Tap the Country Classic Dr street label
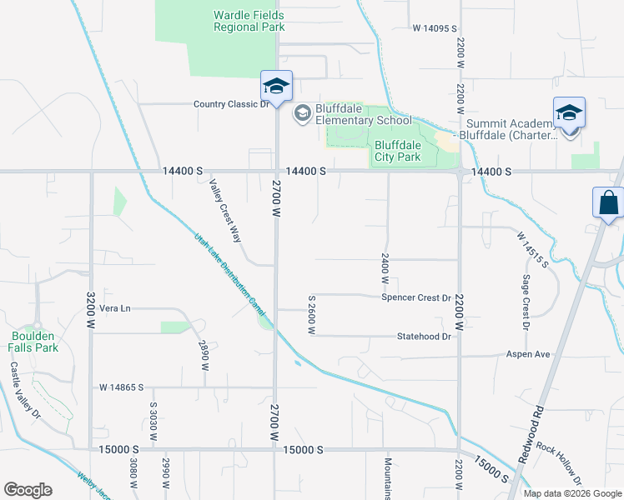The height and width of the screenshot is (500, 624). coord(231,104)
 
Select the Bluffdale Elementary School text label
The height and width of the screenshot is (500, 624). coord(365,113)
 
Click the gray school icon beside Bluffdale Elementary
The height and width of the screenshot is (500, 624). coord(302,112)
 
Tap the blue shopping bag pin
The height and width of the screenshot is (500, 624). coord(609,203)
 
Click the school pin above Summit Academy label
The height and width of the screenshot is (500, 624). coord(569,113)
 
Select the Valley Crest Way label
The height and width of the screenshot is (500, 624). coord(224,211)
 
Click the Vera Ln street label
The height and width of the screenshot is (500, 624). coord(115,307)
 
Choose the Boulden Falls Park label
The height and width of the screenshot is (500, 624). coord(33,342)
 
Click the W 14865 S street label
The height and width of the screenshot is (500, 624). coord(122,387)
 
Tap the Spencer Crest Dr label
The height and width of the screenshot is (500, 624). coord(416,297)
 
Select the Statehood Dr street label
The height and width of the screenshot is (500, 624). coord(424,337)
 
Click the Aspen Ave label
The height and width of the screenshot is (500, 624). coord(528,354)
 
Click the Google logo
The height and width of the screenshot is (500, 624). coord(28,490)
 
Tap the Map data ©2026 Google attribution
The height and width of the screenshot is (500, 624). coord(572,493)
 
